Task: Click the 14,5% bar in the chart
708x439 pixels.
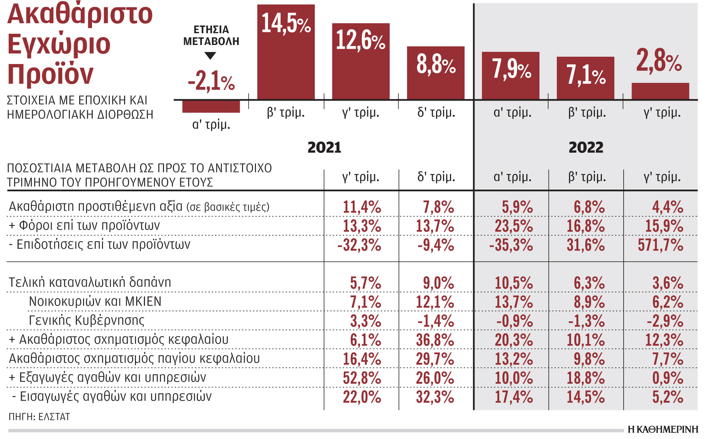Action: (286, 52)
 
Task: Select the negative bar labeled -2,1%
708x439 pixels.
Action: (211, 107)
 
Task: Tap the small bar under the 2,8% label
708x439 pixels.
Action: (660, 91)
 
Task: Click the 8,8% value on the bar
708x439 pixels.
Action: (436, 64)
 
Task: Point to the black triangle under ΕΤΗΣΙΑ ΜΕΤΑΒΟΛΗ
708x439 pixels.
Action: (210, 55)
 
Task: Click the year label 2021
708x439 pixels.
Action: (324, 148)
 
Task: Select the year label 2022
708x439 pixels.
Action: (586, 148)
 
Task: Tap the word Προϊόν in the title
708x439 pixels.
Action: (50, 74)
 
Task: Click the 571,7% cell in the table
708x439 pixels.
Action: (660, 245)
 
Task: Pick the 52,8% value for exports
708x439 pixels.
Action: (362, 378)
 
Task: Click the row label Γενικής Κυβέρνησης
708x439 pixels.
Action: (86, 320)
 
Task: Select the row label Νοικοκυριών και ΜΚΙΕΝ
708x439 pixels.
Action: (95, 301)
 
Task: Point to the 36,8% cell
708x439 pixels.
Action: (435, 340)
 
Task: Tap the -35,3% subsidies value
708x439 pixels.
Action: (511, 245)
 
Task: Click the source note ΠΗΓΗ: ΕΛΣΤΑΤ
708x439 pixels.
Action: (39, 417)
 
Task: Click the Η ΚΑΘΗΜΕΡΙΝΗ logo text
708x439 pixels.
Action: (663, 429)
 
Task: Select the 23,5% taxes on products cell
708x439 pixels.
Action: (514, 226)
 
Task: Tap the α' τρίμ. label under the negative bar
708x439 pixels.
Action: (211, 124)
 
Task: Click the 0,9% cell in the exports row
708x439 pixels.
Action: (668, 378)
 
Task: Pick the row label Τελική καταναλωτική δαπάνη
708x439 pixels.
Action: (90, 282)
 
